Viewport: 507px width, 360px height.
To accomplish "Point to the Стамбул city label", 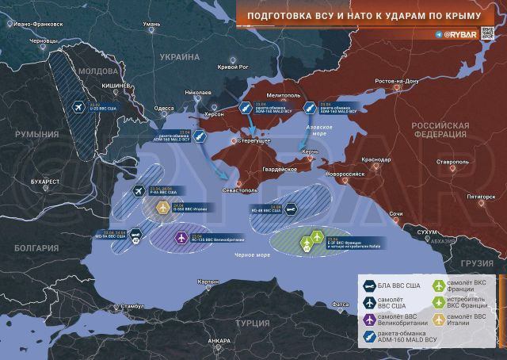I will tap(128, 306).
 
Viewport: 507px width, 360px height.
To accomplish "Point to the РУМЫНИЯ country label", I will tap(38, 136).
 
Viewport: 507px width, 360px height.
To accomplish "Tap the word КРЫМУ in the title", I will tap(459, 16).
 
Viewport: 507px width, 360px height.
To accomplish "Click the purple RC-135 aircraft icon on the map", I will tap(181, 238).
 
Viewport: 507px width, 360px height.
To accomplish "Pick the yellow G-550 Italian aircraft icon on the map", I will tap(164, 208).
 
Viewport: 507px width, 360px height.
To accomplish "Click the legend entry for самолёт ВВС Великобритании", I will tap(395, 320).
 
